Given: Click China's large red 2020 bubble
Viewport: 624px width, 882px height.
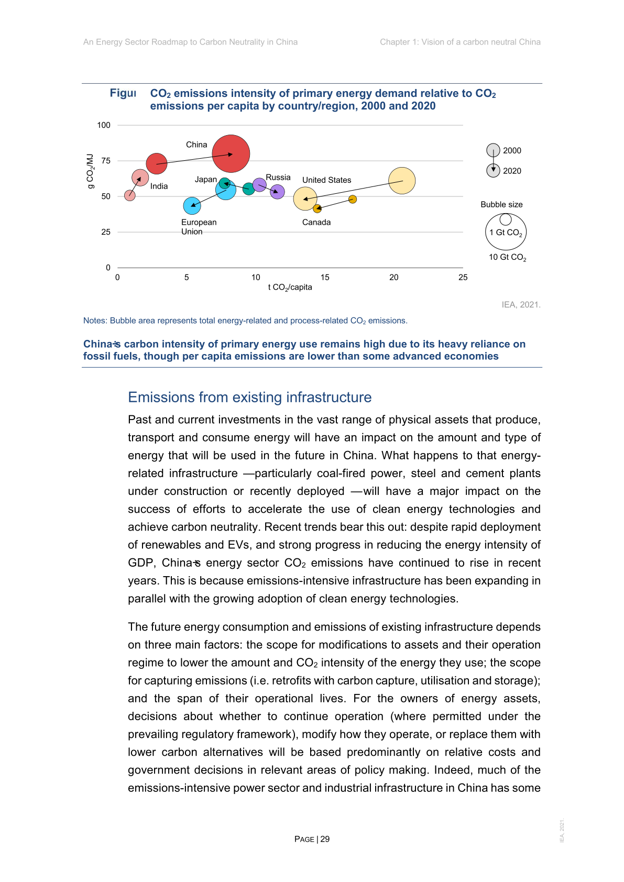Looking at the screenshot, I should point(231,153).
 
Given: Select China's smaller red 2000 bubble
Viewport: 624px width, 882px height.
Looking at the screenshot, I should point(156,163).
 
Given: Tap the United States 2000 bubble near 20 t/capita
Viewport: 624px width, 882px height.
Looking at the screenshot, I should point(402,181).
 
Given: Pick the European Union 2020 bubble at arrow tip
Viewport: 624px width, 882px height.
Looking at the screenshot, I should point(192,206).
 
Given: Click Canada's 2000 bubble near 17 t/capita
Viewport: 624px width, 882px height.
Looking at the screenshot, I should point(353,199).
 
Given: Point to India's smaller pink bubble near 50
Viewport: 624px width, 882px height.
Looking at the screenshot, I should point(130,195).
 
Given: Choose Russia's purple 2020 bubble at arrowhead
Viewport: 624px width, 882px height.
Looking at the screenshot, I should point(277,192).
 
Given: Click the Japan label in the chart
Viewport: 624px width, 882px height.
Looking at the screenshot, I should point(205,180).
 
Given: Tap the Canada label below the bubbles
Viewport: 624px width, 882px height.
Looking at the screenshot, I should point(316,222).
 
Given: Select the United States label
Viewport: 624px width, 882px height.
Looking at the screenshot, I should point(326,180).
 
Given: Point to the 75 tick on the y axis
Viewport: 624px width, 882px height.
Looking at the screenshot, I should point(106,161).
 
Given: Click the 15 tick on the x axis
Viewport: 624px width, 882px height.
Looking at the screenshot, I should point(325,278).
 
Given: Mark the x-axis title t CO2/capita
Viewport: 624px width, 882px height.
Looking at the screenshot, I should point(290,288).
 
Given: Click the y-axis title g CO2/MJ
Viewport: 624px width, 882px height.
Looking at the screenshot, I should point(91,171).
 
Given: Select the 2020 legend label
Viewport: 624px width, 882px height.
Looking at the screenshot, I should point(512,171).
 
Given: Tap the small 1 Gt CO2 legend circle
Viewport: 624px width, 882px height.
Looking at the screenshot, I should point(506,219).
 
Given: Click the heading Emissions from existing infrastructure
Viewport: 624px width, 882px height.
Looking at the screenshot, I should point(249,398).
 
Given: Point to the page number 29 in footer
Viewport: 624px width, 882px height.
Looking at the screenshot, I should point(325,839).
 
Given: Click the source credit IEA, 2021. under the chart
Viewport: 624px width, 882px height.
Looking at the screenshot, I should point(521,305).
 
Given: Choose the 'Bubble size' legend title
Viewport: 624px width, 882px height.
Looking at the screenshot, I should point(501,205).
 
